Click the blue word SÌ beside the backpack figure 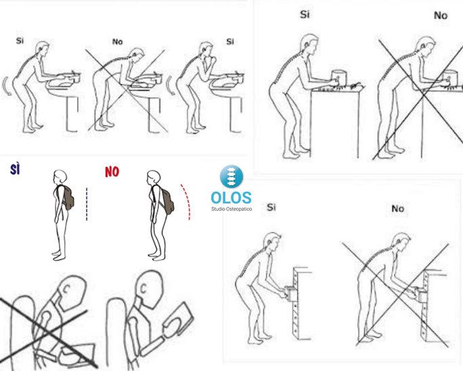click(x=15, y=170)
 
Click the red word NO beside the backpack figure click(x=112, y=172)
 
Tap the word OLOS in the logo click(x=231, y=198)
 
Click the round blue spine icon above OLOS click(x=231, y=176)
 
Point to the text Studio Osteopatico click(x=231, y=209)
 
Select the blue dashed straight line click(x=87, y=204)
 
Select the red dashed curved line click(x=187, y=201)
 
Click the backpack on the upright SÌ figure click(x=68, y=197)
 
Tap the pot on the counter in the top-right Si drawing click(x=339, y=78)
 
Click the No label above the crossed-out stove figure click(x=441, y=16)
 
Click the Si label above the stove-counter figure click(x=305, y=14)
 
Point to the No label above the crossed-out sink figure click(x=118, y=42)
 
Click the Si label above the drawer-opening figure click(x=271, y=207)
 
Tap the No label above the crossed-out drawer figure click(x=398, y=209)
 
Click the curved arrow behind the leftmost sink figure click(x=7, y=85)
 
